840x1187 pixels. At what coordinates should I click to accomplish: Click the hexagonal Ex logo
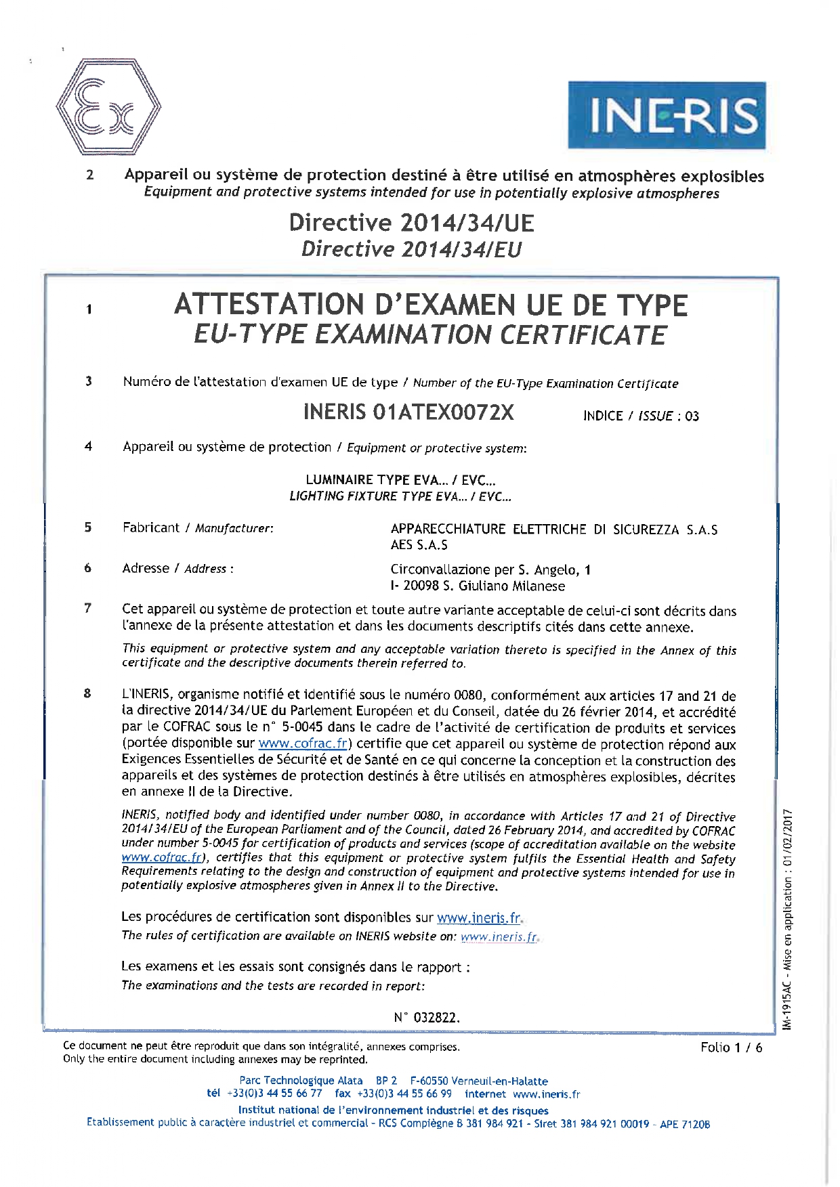click(108, 108)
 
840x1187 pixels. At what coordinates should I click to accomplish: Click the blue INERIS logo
click(667, 115)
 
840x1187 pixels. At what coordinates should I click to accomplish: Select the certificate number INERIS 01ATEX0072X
click(408, 412)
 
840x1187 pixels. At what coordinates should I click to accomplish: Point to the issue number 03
click(692, 416)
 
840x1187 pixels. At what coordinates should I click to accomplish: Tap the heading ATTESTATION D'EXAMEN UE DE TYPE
click(431, 305)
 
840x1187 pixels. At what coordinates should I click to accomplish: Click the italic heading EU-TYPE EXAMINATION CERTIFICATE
click(430, 335)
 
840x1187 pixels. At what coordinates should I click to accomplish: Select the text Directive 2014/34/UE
click(411, 223)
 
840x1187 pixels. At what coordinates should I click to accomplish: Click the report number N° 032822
click(427, 1018)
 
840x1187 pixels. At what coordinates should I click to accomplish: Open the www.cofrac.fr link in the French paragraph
click(303, 743)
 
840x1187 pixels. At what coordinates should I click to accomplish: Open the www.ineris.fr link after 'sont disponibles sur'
click(480, 918)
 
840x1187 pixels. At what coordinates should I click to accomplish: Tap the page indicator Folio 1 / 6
click(731, 1048)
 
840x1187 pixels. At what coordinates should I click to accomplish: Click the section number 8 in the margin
click(87, 693)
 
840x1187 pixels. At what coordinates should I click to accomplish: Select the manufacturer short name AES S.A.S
click(419, 545)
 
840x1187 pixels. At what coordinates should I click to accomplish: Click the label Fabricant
click(151, 527)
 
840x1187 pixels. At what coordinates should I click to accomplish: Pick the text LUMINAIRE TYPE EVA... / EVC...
click(400, 480)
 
